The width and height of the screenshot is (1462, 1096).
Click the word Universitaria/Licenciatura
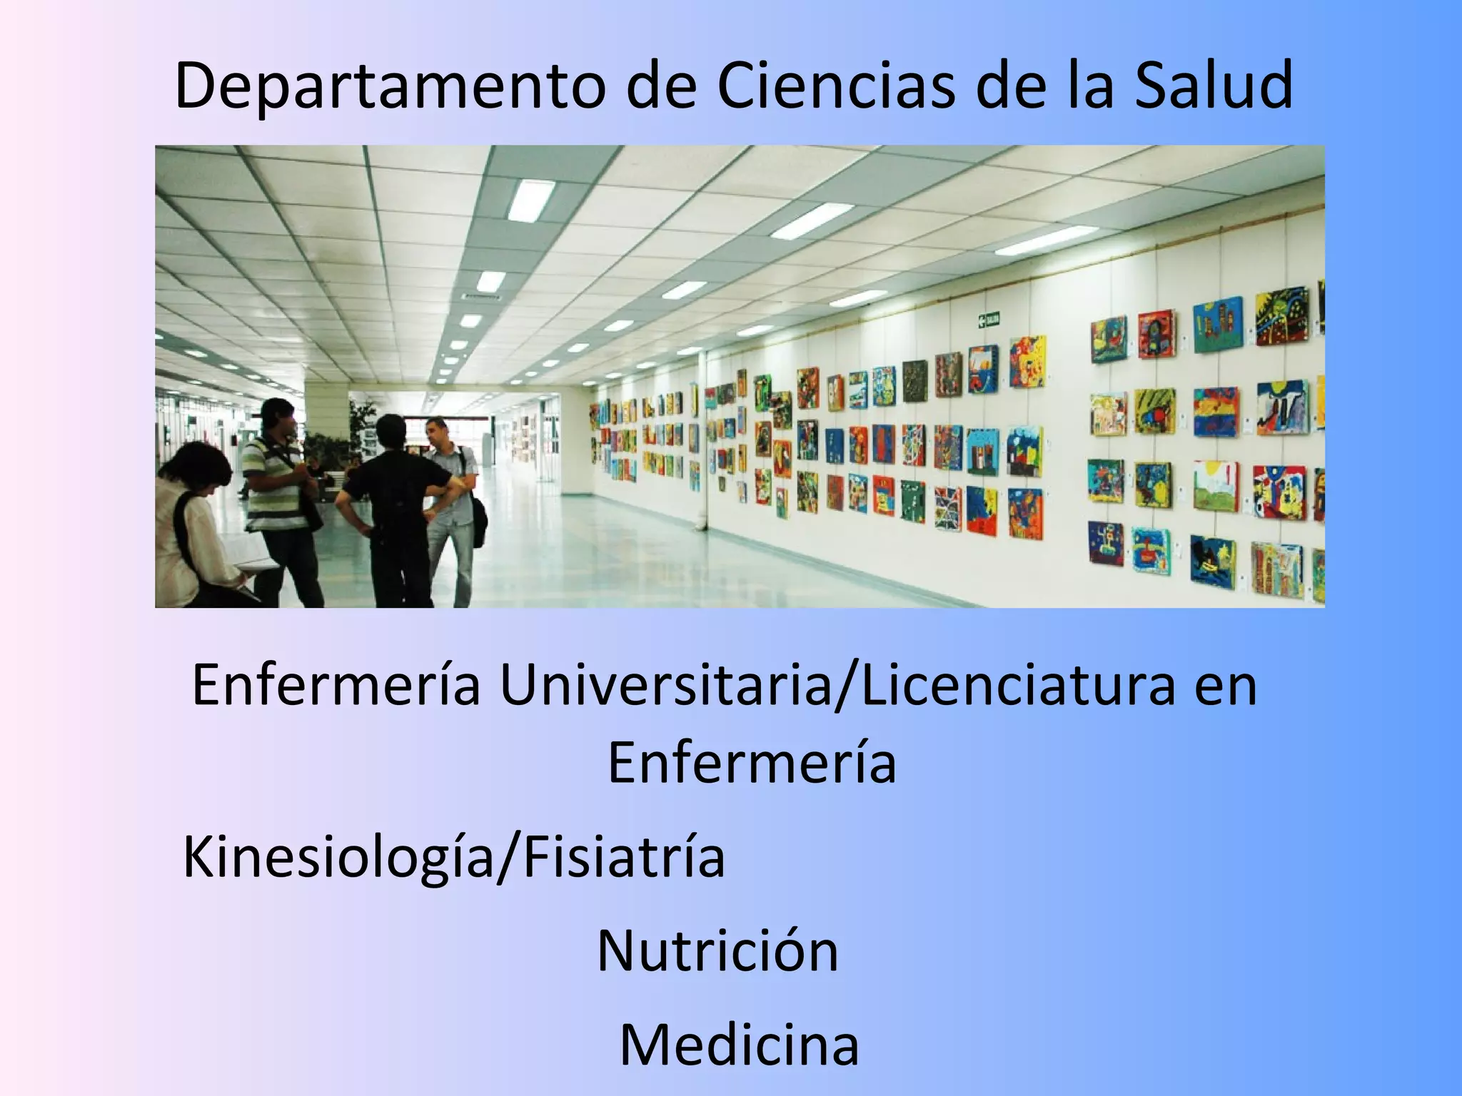(x=836, y=686)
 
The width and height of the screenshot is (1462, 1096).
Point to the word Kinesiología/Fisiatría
(x=454, y=857)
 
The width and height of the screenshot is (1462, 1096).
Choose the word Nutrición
(x=717, y=950)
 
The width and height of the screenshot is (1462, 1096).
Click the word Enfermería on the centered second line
(x=752, y=762)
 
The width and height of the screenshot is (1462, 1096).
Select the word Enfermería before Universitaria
(x=336, y=686)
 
